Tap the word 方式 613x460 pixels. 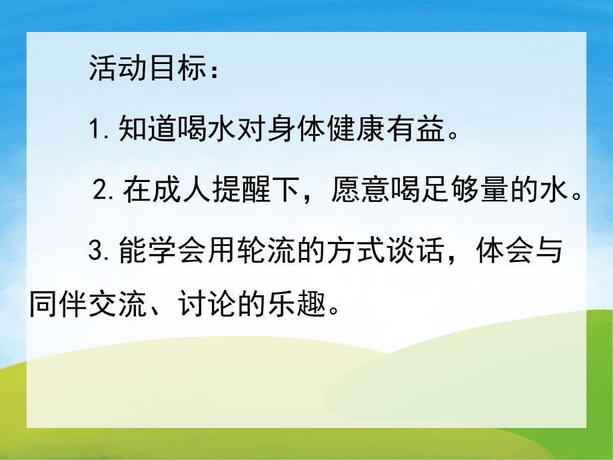click(x=352, y=252)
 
